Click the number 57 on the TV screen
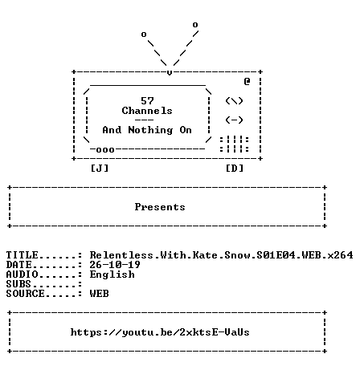147,101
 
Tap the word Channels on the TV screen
147,111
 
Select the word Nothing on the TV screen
150,130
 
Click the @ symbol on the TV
247,81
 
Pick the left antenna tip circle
144,35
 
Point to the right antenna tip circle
195,25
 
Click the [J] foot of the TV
100,169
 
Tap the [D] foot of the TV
235,169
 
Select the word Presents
160,207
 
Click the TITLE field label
22,255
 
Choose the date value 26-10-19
115,265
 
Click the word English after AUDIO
112,274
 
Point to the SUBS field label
18,284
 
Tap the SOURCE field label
26,294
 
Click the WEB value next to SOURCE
100,294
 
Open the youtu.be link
160,332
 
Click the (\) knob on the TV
234,101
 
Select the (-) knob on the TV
234,120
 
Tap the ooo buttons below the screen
105,150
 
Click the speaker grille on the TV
234,144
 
